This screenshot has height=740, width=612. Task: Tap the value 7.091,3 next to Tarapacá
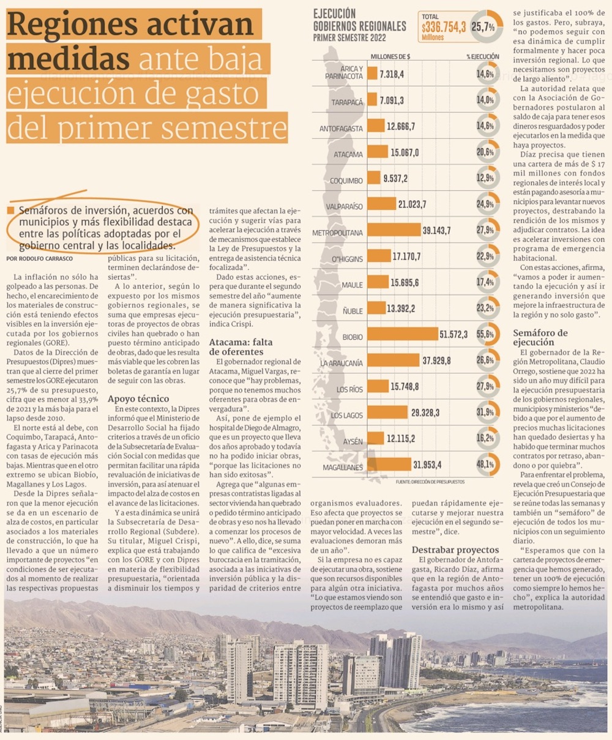click(x=392, y=100)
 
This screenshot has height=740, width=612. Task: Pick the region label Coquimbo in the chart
click(x=346, y=181)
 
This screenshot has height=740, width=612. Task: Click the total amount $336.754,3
click(x=444, y=26)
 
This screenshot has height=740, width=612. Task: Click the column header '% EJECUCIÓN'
click(x=483, y=57)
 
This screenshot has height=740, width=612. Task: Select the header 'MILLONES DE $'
click(x=390, y=57)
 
